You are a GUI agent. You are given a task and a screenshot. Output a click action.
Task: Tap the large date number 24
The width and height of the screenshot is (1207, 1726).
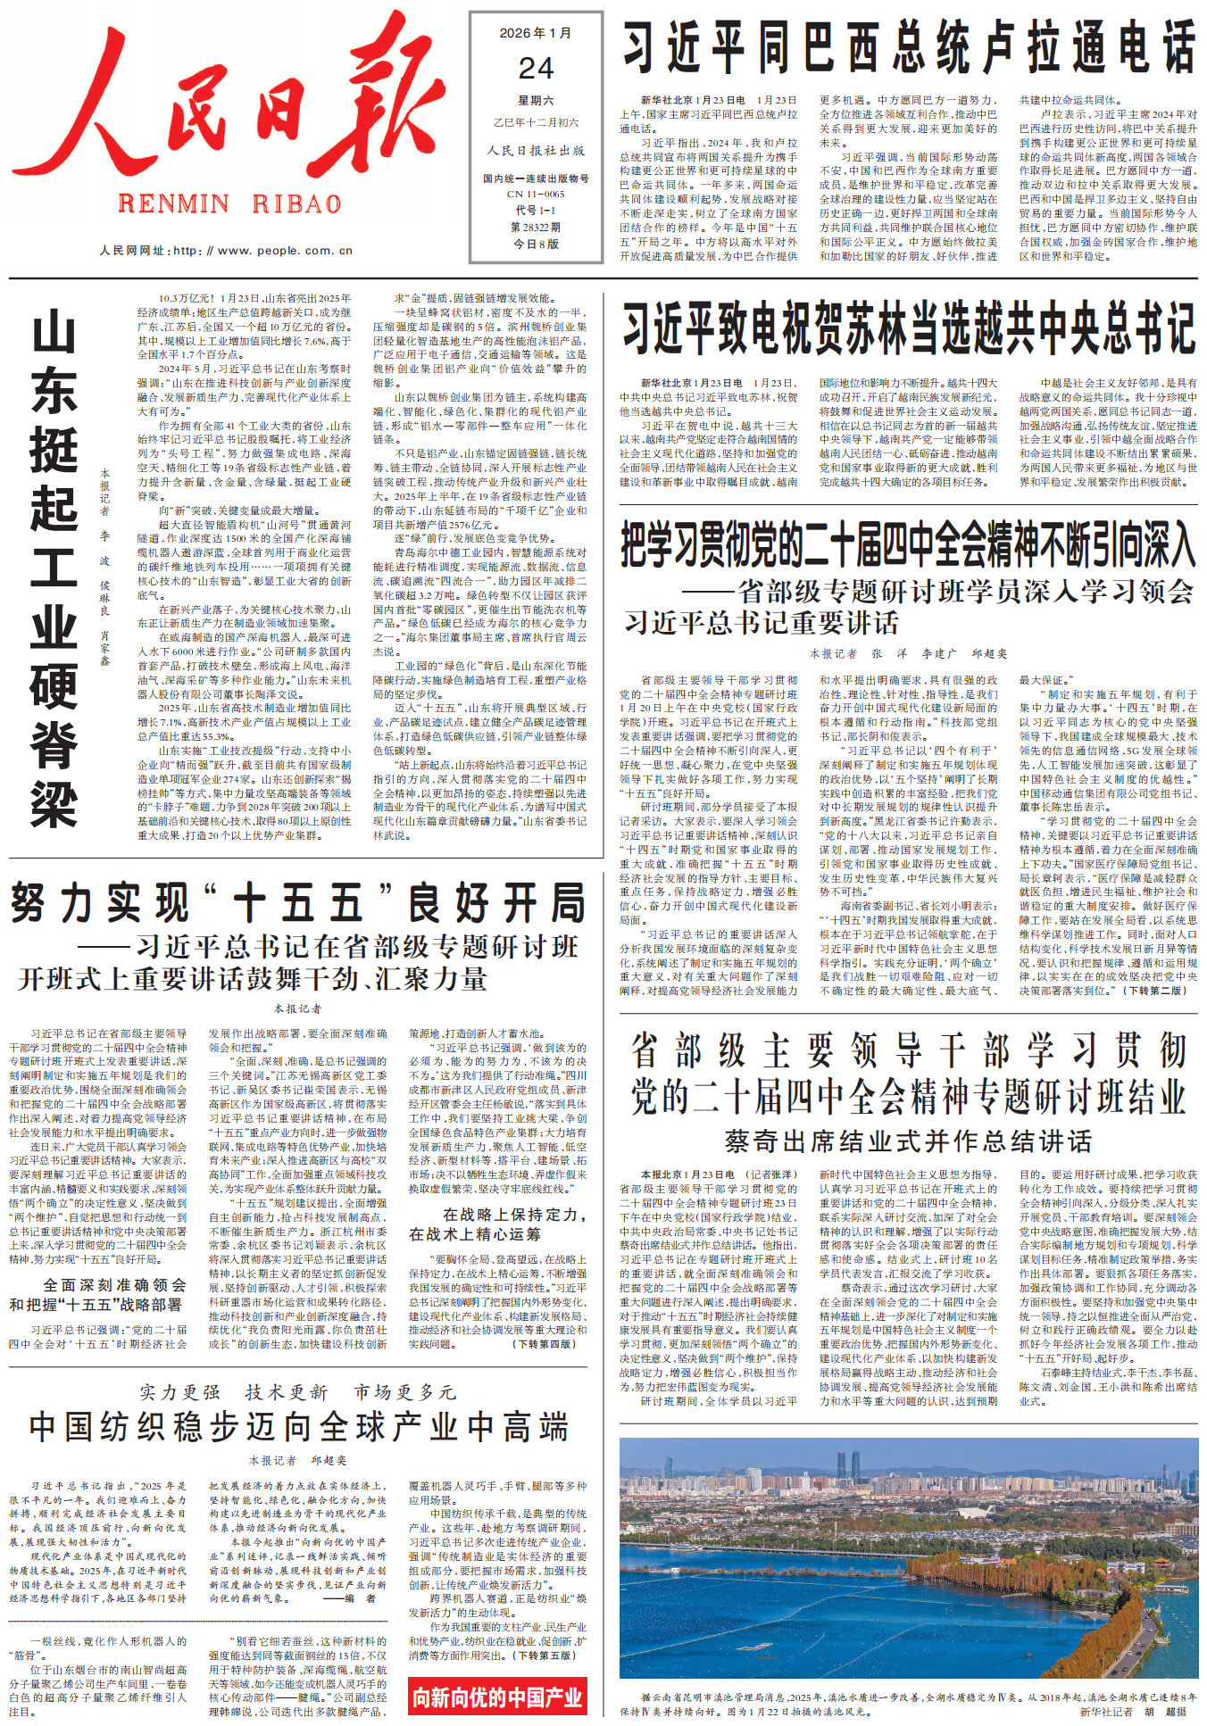pyautogui.click(x=536, y=69)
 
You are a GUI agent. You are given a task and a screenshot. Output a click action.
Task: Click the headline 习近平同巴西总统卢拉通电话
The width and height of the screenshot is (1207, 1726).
pyautogui.click(x=908, y=47)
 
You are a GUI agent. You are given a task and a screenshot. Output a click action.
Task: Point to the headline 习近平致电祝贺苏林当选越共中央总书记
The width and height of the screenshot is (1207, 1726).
pyautogui.click(x=908, y=328)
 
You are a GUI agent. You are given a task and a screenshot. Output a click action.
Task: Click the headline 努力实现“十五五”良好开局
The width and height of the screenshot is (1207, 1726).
pyautogui.click(x=298, y=903)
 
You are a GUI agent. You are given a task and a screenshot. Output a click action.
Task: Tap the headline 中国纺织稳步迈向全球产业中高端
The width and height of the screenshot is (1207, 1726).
pyautogui.click(x=298, y=1427)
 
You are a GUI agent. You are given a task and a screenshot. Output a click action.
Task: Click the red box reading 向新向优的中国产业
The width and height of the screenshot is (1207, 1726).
pyautogui.click(x=497, y=1697)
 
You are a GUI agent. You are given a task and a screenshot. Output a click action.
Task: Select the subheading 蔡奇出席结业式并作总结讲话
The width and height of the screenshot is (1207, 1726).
pyautogui.click(x=908, y=1141)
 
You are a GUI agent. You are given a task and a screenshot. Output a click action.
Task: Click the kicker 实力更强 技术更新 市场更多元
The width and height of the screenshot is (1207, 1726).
pyautogui.click(x=298, y=1392)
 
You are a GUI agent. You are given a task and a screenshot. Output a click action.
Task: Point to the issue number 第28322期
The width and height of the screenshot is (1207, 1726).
pyautogui.click(x=536, y=227)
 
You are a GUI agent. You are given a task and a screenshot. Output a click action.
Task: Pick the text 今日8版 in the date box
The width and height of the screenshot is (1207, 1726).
pyautogui.click(x=536, y=244)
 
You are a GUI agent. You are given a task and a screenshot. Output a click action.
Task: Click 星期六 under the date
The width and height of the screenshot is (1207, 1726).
pyautogui.click(x=536, y=100)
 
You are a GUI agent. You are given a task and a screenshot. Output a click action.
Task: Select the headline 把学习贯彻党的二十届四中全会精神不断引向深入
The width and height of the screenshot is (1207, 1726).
pyautogui.click(x=908, y=544)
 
